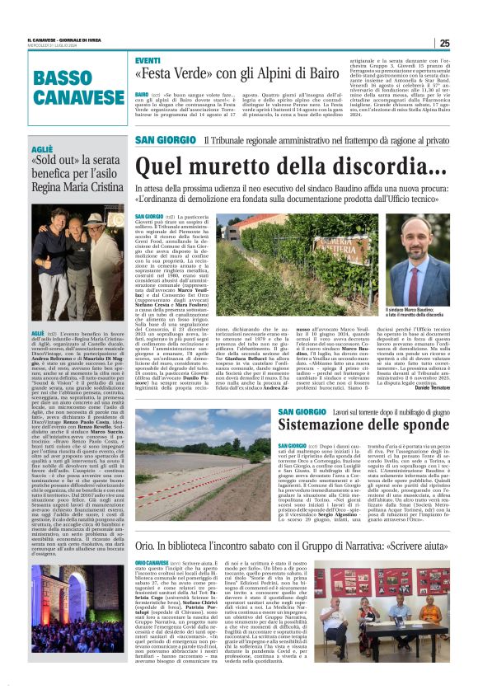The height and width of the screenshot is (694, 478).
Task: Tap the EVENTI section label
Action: [148, 62]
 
